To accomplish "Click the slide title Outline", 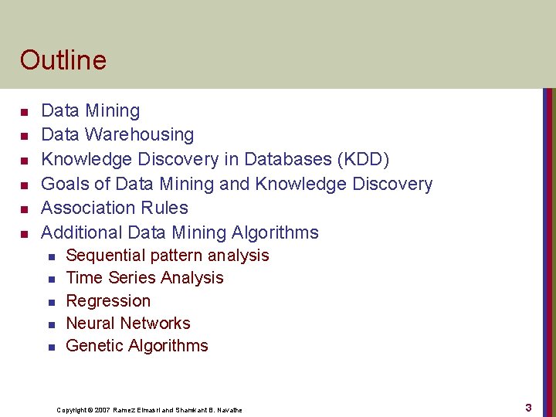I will [63, 59].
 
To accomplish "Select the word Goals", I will [66, 184].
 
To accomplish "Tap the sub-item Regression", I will [108, 300].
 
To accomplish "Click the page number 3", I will [528, 407].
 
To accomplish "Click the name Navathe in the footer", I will [229, 410].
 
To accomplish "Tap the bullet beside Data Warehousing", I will [25, 136].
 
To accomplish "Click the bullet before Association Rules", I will [25, 209].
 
